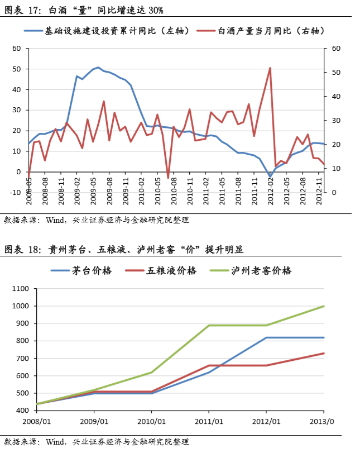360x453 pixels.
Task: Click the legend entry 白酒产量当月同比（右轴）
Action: [x=271, y=30]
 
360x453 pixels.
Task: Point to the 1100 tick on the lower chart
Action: [x=19, y=289]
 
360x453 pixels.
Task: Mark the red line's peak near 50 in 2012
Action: [x=270, y=68]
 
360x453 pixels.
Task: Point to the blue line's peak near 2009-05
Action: [x=98, y=68]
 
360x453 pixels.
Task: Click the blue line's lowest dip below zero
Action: [x=270, y=177]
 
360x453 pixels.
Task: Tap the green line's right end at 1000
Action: [x=324, y=306]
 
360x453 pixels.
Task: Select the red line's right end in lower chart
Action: [x=324, y=353]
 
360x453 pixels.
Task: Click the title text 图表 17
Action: [x=22, y=8]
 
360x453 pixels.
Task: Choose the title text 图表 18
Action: [x=22, y=249]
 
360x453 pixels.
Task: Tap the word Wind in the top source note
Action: [x=56, y=220]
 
